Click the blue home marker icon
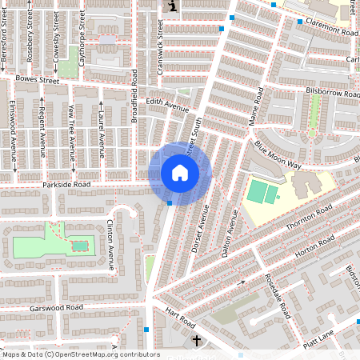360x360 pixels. coord(180,173)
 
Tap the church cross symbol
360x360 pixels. coord(198,342)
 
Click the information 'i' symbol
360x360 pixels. coord(172,6)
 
